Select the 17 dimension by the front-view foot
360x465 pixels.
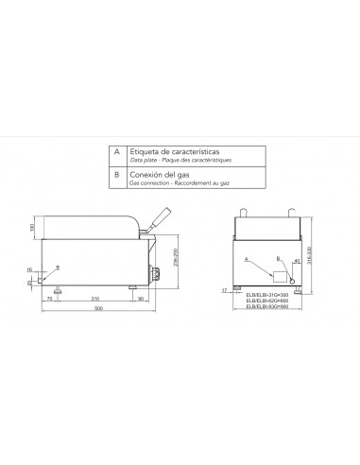224,291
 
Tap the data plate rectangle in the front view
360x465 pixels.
281,275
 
